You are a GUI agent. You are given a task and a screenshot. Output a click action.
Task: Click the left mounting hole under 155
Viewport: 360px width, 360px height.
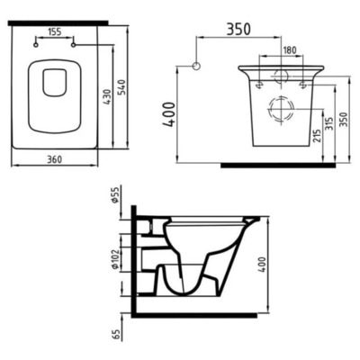[x=34, y=41]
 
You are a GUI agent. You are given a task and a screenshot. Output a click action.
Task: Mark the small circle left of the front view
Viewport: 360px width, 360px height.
[x=197, y=67]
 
